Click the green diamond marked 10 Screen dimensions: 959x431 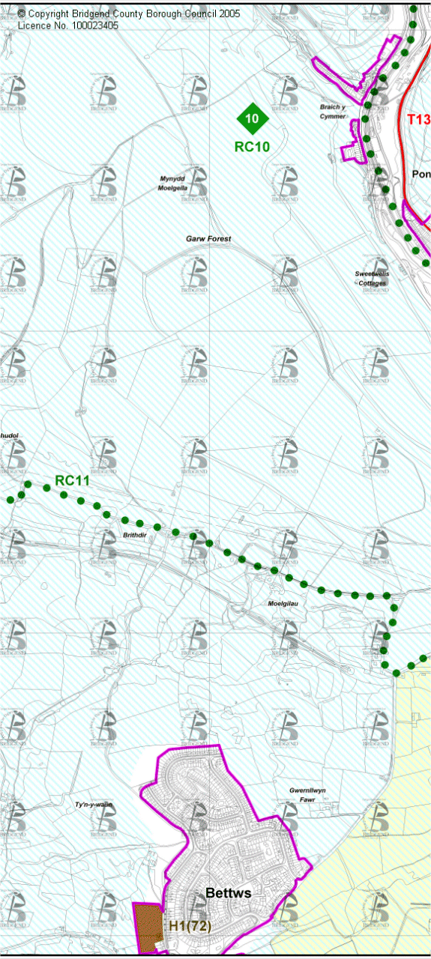coord(253,118)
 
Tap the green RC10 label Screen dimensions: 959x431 coord(252,147)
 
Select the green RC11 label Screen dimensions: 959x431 coord(72,480)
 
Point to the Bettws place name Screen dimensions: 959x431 coord(228,893)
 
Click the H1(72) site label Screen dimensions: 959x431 coord(190,926)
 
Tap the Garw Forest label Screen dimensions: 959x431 coord(208,239)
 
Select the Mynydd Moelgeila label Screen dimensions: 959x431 coord(173,184)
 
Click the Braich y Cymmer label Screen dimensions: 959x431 coord(333,112)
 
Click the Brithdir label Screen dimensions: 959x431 coord(135,536)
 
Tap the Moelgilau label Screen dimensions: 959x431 coord(283,603)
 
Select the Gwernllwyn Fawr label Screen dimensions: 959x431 coord(307,795)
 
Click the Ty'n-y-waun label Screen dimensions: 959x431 coord(94,805)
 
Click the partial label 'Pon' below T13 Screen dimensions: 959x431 coord(421,174)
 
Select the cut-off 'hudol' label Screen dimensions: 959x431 coord(9,435)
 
